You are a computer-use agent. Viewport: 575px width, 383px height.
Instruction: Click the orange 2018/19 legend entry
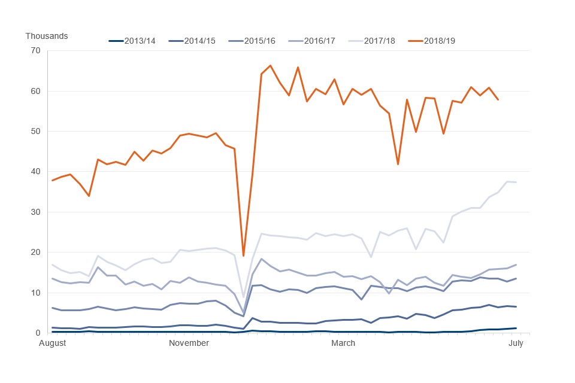tap(440, 41)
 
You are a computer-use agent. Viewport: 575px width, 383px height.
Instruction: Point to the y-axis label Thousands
tap(47, 36)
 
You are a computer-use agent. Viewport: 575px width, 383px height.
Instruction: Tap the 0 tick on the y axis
tap(37, 333)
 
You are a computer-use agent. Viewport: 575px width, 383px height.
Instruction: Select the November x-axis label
tap(189, 343)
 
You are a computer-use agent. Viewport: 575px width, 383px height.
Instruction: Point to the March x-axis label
tap(343, 343)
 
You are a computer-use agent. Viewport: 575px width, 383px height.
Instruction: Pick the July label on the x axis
tap(516, 343)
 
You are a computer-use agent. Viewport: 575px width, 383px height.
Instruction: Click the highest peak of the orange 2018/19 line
tap(270, 65)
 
